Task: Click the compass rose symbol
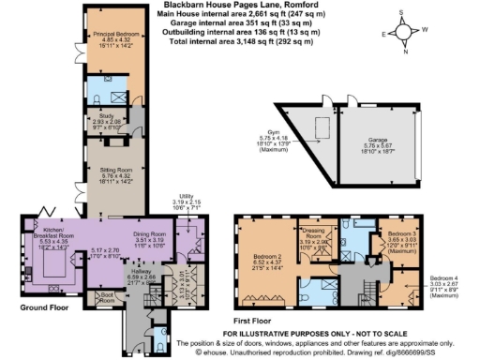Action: click(x=404, y=33)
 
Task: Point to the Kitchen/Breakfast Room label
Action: click(x=50, y=238)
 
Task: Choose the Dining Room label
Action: click(x=148, y=236)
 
